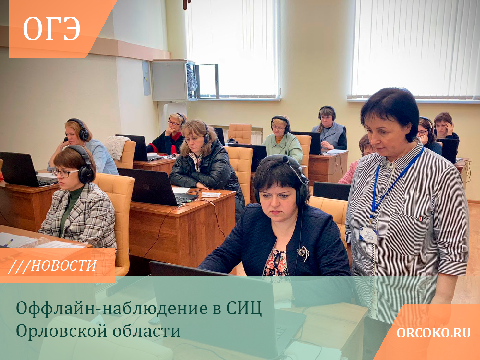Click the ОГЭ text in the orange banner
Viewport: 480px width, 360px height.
click(x=51, y=29)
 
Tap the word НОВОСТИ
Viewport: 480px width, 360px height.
click(x=63, y=266)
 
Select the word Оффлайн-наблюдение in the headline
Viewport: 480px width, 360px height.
click(x=112, y=309)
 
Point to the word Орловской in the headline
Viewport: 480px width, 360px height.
click(x=62, y=331)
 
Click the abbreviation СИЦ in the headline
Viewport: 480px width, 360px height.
click(x=244, y=309)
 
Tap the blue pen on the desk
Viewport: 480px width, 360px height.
click(x=8, y=242)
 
